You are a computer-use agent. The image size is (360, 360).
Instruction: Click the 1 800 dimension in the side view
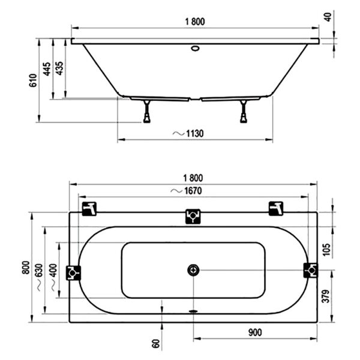click(x=195, y=22)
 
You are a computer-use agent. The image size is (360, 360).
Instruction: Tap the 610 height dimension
click(x=33, y=80)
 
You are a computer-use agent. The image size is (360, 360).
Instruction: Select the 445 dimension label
click(x=47, y=69)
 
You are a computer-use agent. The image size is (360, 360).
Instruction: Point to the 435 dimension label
click(x=59, y=68)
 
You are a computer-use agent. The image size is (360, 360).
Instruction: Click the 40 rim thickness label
click(x=328, y=17)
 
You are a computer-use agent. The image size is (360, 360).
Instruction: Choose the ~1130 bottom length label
click(x=188, y=133)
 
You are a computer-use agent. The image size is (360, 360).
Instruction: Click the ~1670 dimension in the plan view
click(x=187, y=191)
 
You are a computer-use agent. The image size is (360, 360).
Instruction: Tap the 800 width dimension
click(x=26, y=268)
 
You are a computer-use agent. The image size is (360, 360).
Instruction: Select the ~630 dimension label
click(x=39, y=277)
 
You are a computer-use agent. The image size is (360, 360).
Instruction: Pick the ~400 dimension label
click(x=53, y=277)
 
